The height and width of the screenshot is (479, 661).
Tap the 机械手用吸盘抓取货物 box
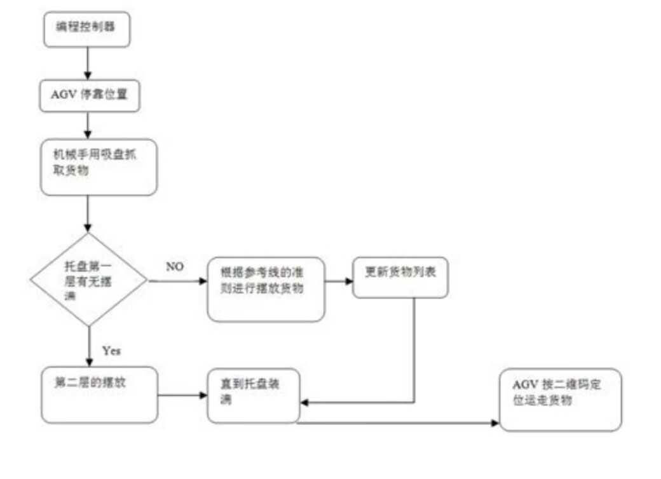(x=98, y=167)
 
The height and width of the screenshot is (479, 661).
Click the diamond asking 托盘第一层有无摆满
(x=88, y=280)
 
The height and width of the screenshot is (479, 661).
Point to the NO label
(x=175, y=267)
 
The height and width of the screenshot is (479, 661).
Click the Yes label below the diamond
(x=111, y=350)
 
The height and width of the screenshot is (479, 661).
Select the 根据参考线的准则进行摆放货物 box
(x=266, y=289)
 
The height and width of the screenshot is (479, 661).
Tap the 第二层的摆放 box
(x=99, y=395)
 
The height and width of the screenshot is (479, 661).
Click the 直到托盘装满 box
(x=253, y=395)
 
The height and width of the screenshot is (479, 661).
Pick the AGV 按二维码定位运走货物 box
(x=560, y=400)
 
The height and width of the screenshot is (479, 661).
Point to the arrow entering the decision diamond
(x=88, y=213)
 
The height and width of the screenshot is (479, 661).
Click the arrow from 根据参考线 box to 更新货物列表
(x=338, y=280)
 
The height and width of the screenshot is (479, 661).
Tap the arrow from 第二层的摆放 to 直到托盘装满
(x=182, y=396)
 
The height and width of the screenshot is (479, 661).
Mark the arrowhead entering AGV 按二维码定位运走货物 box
(x=495, y=422)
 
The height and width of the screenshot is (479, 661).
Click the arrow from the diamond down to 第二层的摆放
(x=88, y=346)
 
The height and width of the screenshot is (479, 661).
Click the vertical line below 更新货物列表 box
(x=414, y=349)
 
